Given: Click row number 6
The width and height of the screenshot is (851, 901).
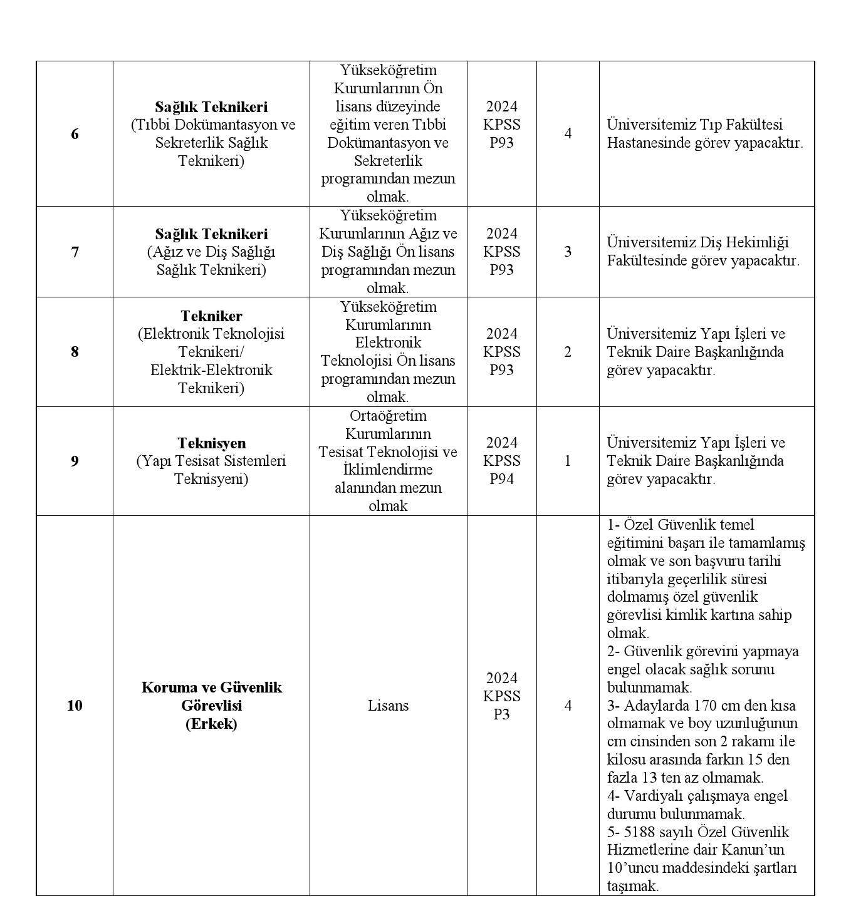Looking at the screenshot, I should (75, 134).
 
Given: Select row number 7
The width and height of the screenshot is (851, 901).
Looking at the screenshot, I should (75, 252).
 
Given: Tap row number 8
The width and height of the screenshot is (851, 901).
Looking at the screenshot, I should (75, 352).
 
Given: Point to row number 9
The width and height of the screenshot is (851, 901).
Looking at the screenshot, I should (75, 461).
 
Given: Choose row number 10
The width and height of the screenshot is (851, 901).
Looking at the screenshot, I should (75, 706).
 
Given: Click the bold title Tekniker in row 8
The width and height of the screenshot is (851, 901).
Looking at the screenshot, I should (211, 316).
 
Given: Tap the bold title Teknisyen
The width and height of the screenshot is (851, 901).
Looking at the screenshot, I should (211, 443).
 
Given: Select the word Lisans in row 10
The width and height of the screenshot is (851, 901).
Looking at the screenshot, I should (388, 706).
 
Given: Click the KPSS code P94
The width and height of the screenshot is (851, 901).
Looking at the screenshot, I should (501, 479).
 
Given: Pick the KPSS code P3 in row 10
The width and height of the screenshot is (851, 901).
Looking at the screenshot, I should (501, 714).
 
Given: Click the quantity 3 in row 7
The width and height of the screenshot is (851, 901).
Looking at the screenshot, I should (568, 252).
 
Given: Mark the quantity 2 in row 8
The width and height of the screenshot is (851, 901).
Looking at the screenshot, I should (568, 352).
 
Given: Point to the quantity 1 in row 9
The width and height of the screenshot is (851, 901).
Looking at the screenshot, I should (568, 461).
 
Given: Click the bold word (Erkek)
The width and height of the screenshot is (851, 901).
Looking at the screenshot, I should (211, 724).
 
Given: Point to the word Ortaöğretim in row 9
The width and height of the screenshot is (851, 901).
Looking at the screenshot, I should (388, 416).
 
